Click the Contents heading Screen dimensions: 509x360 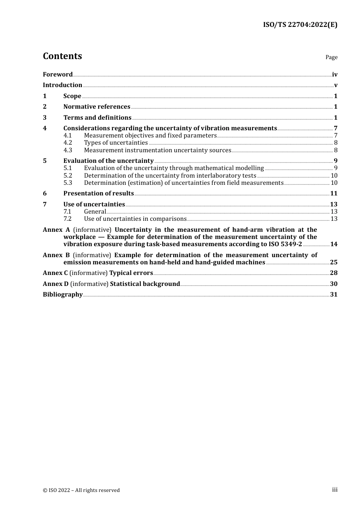(63, 56)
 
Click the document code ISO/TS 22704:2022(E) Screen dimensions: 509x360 (300, 25)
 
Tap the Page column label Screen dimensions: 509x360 (331, 57)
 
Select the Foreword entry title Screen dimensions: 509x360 (58, 75)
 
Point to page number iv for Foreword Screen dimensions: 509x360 (335, 75)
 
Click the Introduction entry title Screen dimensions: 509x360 (63, 85)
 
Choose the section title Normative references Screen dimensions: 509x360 (97, 107)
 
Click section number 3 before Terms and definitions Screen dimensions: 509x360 (45, 118)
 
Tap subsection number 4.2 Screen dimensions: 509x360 (68, 143)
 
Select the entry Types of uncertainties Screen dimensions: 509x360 (116, 143)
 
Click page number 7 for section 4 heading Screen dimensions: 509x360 (335, 128)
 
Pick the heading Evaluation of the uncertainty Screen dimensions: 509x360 (108, 161)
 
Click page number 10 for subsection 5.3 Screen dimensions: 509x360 (334, 183)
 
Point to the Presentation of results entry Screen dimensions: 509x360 (99, 194)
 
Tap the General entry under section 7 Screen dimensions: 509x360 (95, 212)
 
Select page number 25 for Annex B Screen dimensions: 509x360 (333, 262)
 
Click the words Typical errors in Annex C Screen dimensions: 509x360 (131, 273)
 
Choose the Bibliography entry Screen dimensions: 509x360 (63, 295)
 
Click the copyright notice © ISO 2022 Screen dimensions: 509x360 (81, 490)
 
